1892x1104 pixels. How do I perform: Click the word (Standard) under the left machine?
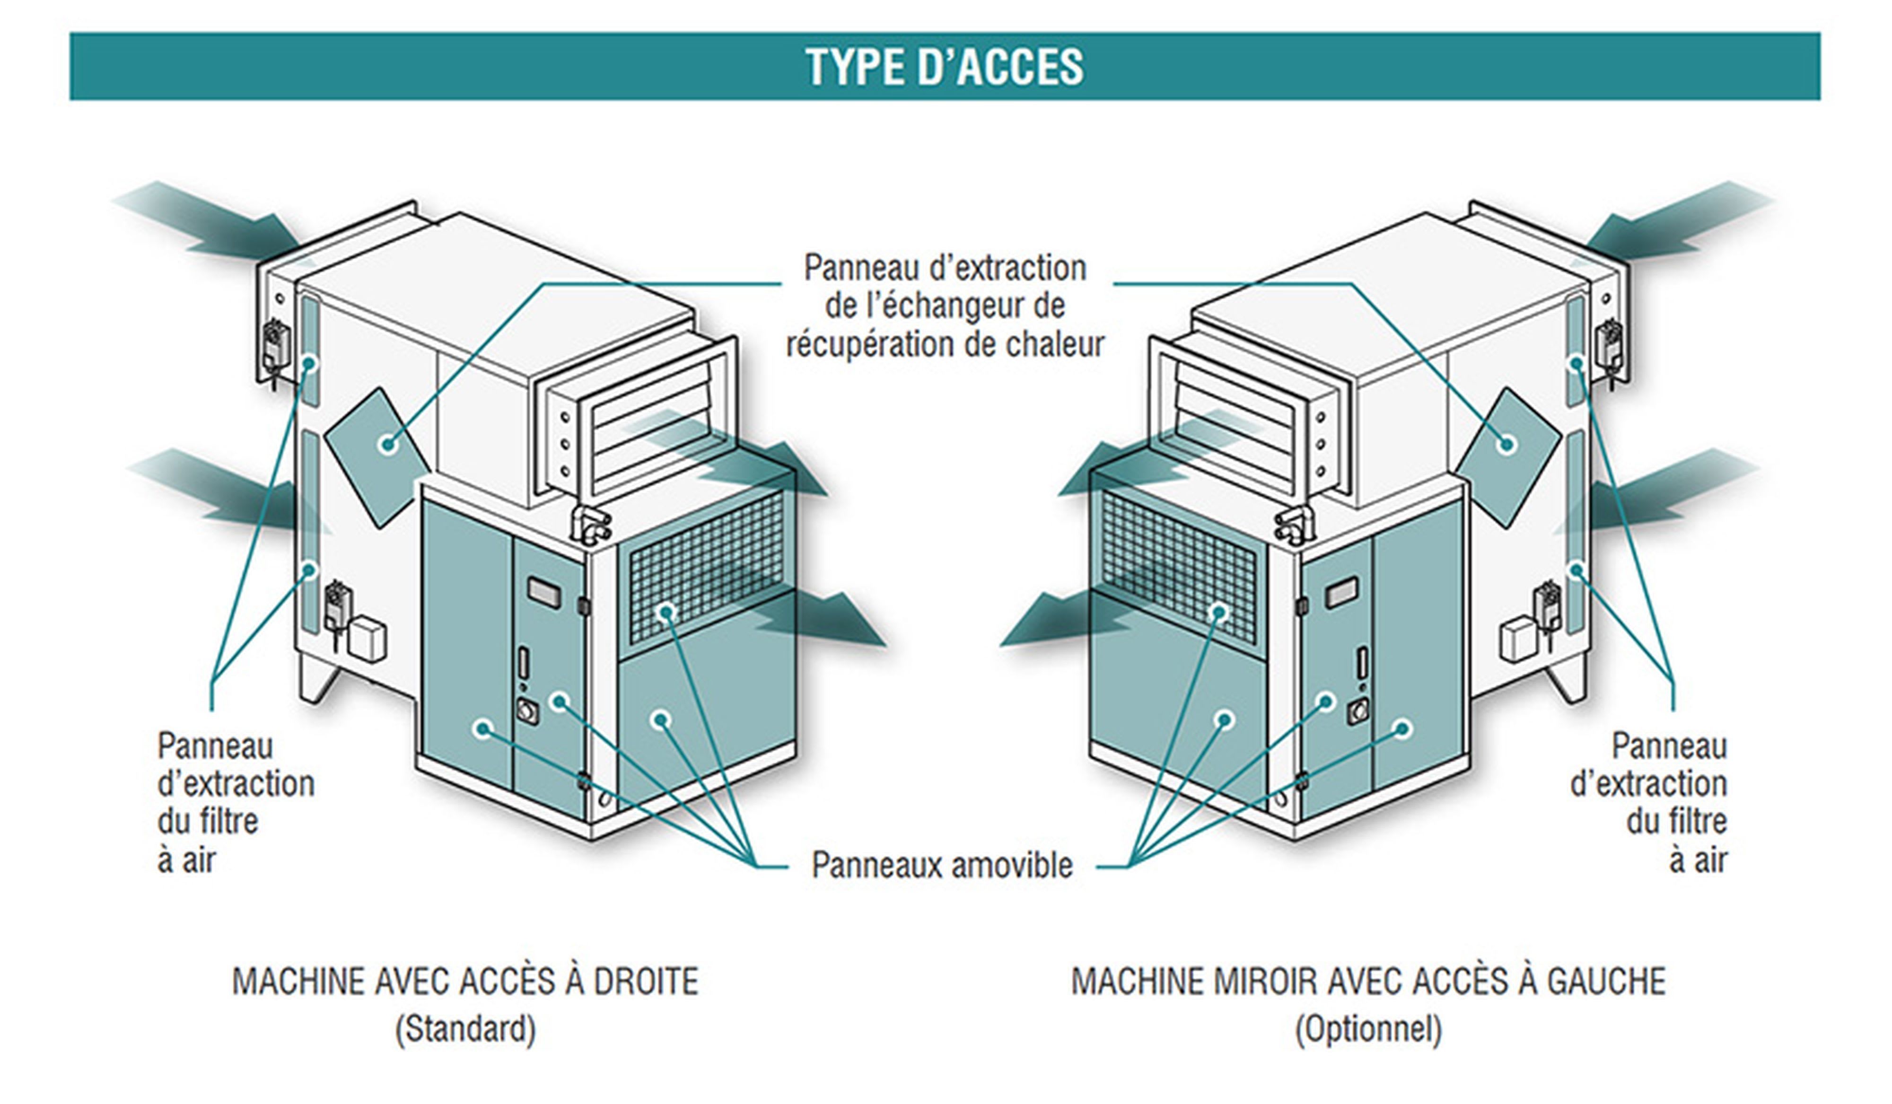[465, 1029]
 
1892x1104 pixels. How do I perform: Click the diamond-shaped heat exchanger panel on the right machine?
[1507, 456]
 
